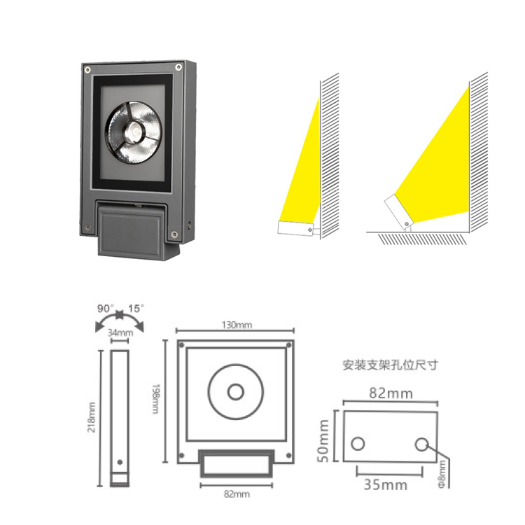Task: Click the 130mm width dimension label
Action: tap(237, 325)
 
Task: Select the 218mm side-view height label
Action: tap(92, 417)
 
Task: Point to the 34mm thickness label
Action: tap(120, 332)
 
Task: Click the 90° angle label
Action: tap(106, 308)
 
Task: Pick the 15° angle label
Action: tap(136, 308)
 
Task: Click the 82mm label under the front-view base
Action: tap(237, 494)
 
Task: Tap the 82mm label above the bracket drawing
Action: tap(391, 393)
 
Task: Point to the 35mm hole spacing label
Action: tap(386, 485)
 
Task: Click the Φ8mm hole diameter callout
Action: tap(442, 474)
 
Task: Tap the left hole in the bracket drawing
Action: tap(358, 444)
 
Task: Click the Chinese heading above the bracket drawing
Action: tap(391, 365)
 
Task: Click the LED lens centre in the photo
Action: tap(134, 130)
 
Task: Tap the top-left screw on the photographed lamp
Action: tap(87, 70)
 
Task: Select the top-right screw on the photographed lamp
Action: tap(178, 68)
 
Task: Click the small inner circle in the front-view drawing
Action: tap(236, 392)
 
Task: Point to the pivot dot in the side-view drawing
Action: tap(120, 463)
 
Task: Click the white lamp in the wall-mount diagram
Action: tap(296, 228)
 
